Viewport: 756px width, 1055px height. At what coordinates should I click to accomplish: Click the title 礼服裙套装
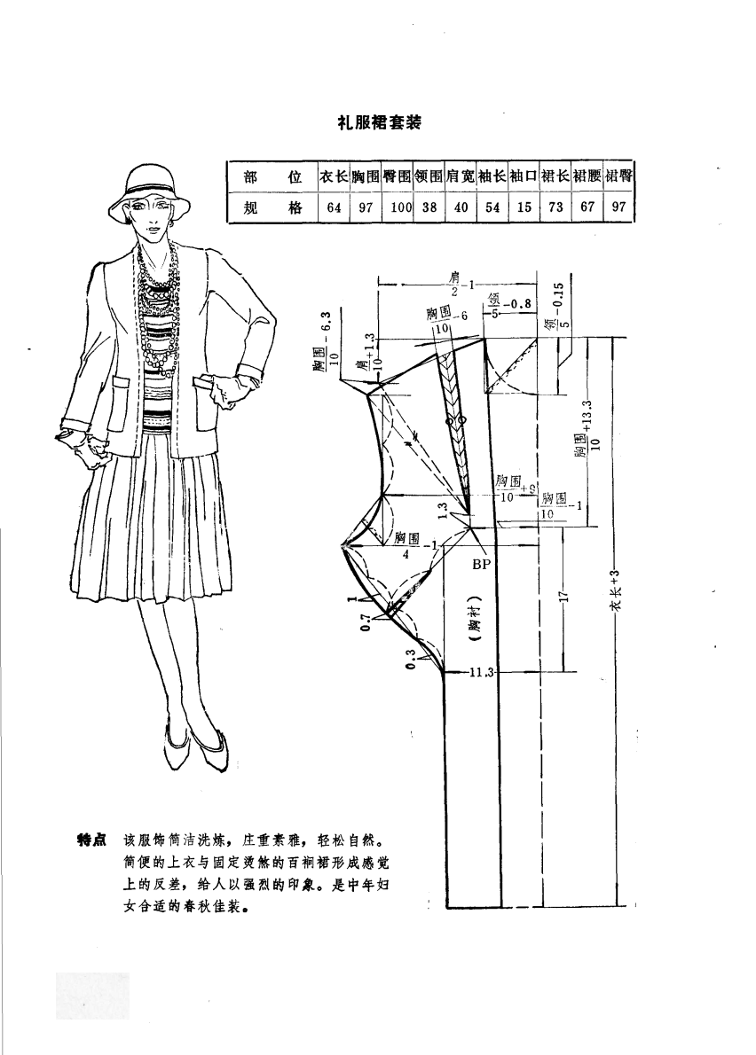pos(377,123)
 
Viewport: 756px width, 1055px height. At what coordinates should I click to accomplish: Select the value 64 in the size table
pos(334,209)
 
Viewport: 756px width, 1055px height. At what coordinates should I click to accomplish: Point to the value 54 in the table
pos(492,209)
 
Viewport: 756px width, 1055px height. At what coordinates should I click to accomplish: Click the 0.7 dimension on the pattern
pos(365,626)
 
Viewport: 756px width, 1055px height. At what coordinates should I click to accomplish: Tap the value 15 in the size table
pos(524,209)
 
